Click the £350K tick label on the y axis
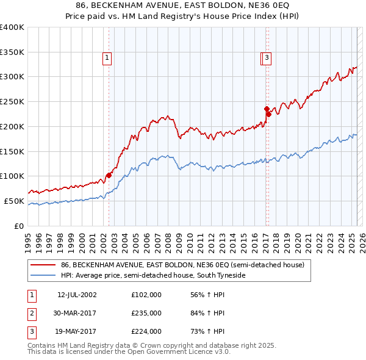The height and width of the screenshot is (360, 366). point(12,52)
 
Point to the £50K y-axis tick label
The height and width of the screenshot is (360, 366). point(14,201)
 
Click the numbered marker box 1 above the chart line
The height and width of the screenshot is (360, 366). point(107,59)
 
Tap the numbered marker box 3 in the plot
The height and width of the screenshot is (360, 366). point(268,59)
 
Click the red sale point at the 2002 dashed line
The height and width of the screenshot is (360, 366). point(109,175)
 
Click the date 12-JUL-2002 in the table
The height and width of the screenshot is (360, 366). point(77,295)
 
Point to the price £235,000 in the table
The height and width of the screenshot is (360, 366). point(146,313)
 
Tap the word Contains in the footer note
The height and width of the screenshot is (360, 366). point(43,345)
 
